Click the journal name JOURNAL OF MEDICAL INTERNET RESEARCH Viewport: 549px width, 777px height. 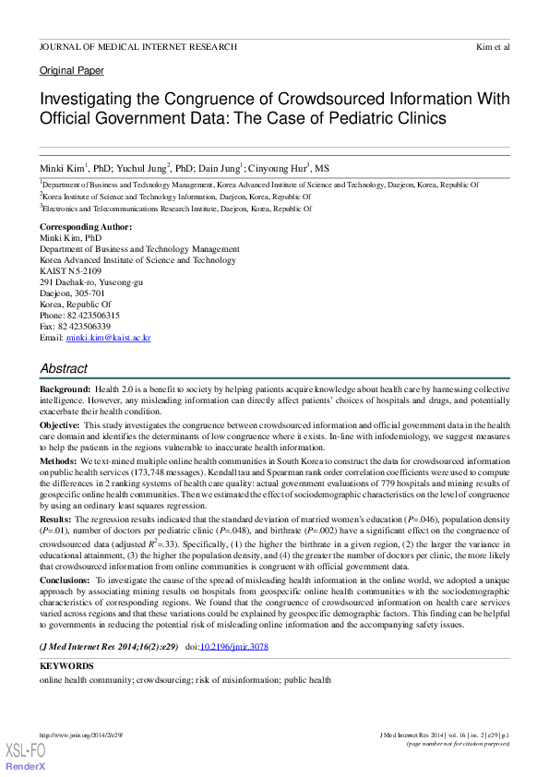(x=137, y=46)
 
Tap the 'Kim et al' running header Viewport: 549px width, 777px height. (x=493, y=46)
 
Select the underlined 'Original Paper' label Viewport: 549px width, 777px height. (x=71, y=71)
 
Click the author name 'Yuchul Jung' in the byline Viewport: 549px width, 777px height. (x=141, y=169)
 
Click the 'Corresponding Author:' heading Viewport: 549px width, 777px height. (x=85, y=227)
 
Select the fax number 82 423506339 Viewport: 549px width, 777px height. (x=84, y=327)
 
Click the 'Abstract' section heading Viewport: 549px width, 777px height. (x=64, y=368)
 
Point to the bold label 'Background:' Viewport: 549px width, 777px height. (x=65, y=391)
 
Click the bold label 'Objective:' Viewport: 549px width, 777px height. (x=60, y=424)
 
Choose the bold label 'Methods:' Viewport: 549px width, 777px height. (x=58, y=459)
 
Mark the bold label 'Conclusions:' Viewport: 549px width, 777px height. (x=66, y=580)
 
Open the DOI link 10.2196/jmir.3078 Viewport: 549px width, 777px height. (x=235, y=646)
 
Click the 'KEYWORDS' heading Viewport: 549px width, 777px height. (x=66, y=665)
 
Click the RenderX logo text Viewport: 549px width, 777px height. (x=26, y=767)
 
